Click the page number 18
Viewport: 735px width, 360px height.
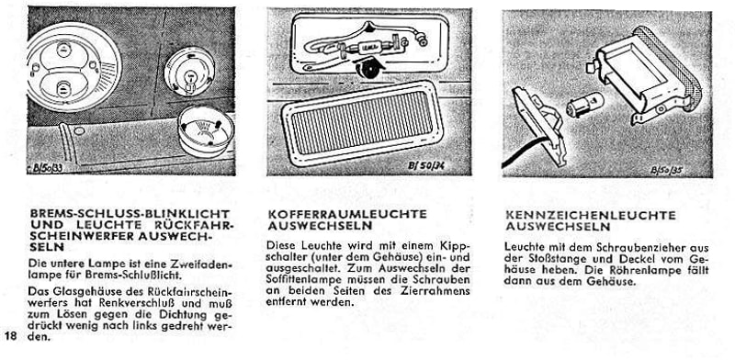11,336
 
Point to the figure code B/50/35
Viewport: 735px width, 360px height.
667,170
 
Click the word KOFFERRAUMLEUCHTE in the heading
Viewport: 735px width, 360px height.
347,214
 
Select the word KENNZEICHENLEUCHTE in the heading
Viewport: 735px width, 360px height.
591,216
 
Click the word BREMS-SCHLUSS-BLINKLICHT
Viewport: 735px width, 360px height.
130,214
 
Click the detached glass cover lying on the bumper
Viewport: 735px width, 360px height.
205,129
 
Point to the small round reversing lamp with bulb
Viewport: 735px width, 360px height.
189,72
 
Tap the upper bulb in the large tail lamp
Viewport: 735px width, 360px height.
62,50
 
